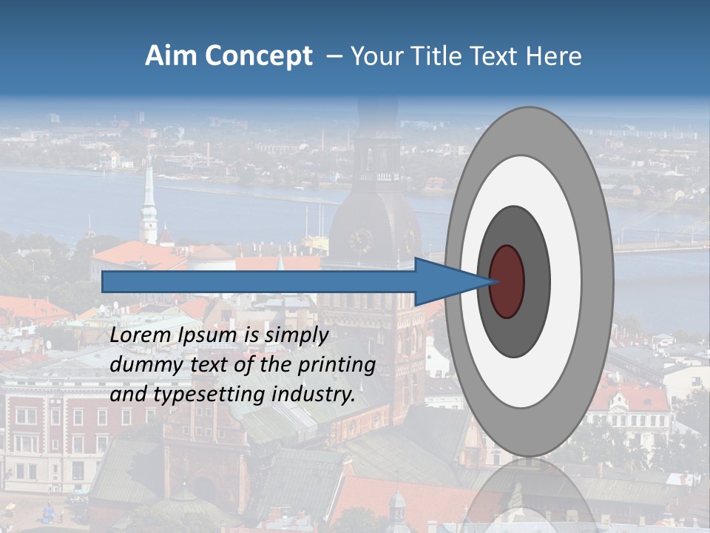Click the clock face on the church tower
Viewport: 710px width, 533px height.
(x=361, y=241)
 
